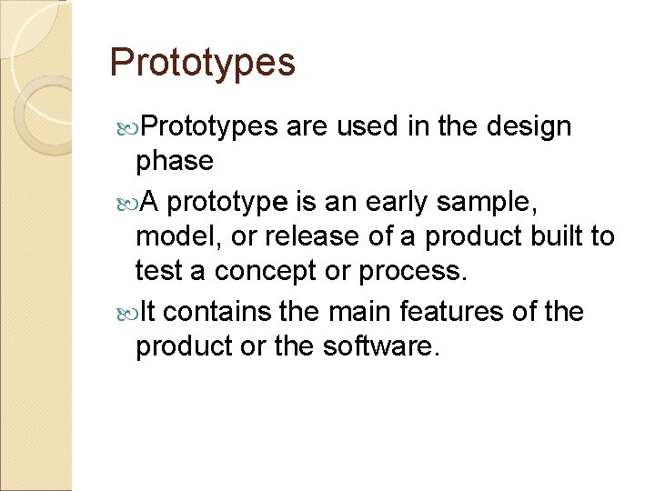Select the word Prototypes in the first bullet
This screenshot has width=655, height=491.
[209, 127]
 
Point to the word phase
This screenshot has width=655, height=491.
[174, 162]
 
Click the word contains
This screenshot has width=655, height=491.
[219, 312]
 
